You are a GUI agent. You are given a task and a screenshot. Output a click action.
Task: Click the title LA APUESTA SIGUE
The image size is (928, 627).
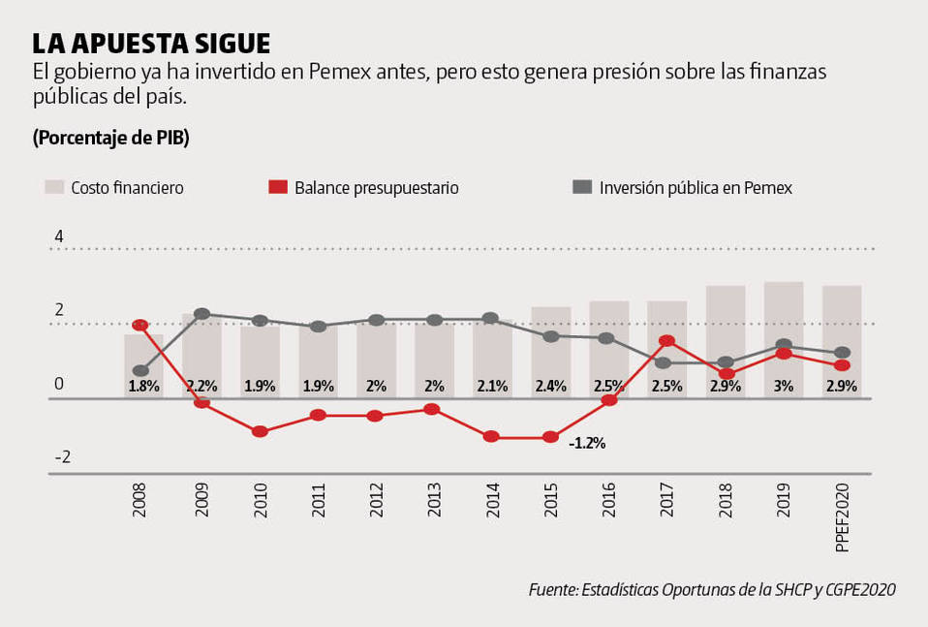click(x=151, y=44)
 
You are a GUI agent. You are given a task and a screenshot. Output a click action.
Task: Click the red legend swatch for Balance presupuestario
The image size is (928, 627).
click(x=278, y=187)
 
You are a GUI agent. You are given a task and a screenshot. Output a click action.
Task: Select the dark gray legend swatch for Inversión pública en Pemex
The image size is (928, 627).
click(x=582, y=187)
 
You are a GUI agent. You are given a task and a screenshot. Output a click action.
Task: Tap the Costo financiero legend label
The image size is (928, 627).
click(x=127, y=188)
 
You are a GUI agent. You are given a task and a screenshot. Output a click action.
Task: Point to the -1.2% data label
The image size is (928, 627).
click(x=587, y=443)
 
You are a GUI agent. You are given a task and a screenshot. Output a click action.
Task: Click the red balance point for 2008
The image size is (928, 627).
click(x=139, y=326)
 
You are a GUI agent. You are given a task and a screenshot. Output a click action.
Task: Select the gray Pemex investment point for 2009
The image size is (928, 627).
click(x=201, y=314)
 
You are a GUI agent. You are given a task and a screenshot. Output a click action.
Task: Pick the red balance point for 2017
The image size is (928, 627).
click(x=666, y=341)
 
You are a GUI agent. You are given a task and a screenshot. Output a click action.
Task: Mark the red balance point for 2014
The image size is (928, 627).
click(x=491, y=437)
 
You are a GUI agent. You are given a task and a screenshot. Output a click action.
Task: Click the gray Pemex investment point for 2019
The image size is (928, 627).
click(x=783, y=345)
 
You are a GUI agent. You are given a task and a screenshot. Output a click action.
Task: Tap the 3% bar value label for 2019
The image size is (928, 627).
click(x=783, y=386)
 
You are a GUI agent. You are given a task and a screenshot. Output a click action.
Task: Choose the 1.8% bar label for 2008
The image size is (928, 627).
click(x=142, y=386)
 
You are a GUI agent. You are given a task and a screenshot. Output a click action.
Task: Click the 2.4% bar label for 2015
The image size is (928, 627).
click(x=550, y=386)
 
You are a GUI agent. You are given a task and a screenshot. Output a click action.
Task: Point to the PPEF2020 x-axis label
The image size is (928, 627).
click(x=841, y=520)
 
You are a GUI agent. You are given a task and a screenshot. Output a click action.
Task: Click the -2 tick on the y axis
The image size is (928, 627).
click(x=62, y=457)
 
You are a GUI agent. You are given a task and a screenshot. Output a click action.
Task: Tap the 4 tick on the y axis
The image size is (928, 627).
click(x=59, y=236)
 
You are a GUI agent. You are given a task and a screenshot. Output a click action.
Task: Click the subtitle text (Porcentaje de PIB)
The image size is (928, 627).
click(x=110, y=138)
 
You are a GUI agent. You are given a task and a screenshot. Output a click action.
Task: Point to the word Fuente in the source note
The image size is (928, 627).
click(x=552, y=589)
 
